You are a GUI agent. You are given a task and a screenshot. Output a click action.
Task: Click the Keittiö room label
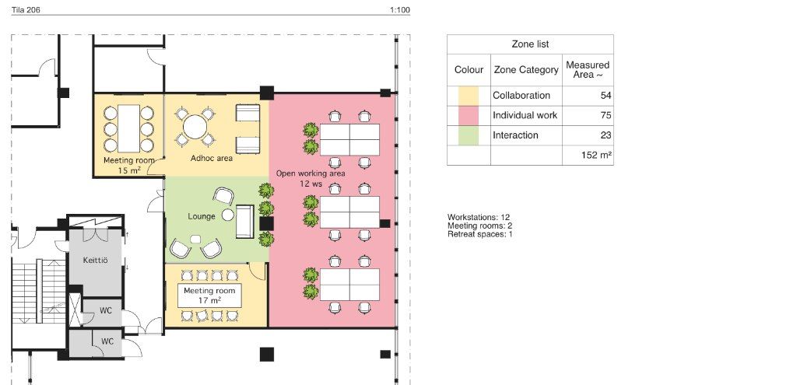(95, 261)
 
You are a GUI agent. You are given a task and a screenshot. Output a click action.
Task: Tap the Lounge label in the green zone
(202, 216)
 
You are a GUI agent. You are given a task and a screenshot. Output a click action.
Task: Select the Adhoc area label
(212, 158)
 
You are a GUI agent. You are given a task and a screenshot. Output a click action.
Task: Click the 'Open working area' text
(311, 173)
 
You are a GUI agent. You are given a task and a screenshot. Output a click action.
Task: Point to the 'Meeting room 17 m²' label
(209, 296)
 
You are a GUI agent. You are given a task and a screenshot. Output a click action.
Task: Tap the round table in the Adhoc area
(195, 127)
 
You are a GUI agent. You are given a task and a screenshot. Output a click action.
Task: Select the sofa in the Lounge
(244, 222)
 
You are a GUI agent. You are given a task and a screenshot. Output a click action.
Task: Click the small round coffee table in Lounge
(228, 215)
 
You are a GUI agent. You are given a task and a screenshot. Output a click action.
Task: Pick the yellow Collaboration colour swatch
(468, 96)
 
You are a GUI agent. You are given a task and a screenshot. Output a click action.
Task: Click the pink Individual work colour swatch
(468, 115)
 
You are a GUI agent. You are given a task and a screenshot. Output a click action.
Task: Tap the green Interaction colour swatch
(468, 135)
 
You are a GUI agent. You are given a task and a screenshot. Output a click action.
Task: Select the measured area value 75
(606, 115)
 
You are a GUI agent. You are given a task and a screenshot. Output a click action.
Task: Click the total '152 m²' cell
(596, 156)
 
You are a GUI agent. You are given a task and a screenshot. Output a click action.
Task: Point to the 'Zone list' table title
(530, 44)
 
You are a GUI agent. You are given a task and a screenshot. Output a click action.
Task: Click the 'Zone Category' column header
(526, 69)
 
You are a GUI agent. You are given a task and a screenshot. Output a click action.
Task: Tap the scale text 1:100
(400, 9)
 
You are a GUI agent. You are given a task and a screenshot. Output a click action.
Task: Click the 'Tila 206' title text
(26, 9)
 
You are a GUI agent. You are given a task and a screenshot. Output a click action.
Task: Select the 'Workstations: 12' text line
(479, 217)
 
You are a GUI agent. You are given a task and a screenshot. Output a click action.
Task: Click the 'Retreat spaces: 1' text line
(479, 234)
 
